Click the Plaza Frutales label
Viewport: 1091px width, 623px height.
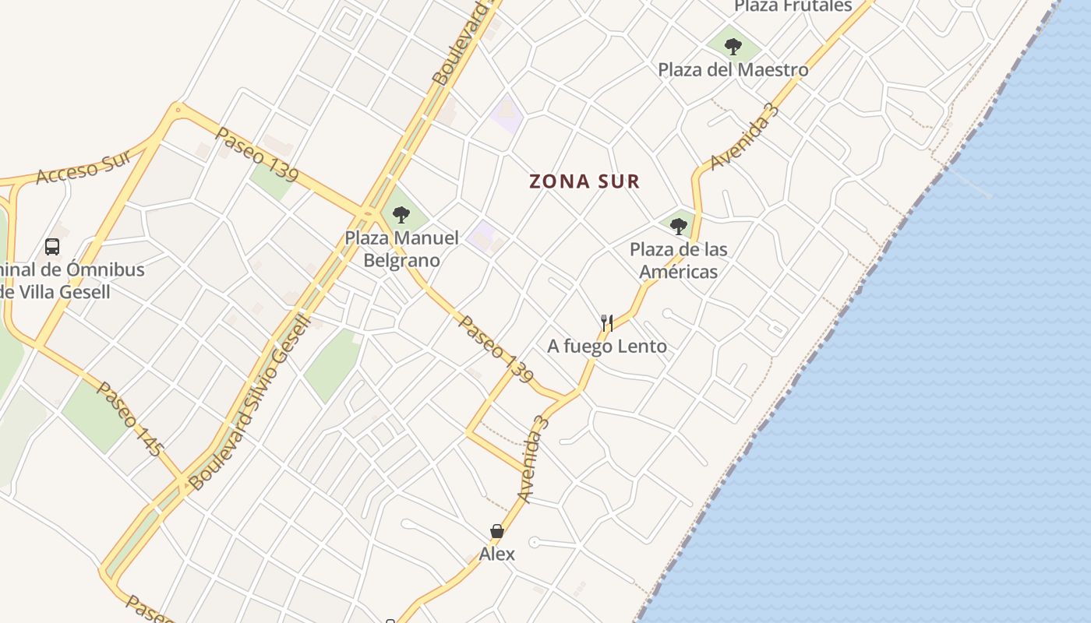click(x=793, y=6)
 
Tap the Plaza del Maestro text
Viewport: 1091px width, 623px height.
click(x=733, y=69)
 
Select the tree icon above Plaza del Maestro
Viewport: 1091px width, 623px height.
click(x=733, y=46)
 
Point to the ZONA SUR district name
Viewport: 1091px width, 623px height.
click(x=584, y=181)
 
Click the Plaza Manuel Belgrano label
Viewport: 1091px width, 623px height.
click(x=401, y=248)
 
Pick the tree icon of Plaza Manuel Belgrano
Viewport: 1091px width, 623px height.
click(x=401, y=214)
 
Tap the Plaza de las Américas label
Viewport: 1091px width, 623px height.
click(x=678, y=260)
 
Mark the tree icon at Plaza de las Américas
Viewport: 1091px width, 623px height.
click(x=678, y=227)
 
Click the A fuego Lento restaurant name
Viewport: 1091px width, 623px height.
click(x=607, y=346)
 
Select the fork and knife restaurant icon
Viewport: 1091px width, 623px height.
click(x=607, y=322)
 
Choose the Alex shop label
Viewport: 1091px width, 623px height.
click(x=496, y=554)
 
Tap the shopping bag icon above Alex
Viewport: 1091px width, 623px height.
click(x=496, y=531)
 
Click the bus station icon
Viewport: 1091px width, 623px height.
click(x=52, y=247)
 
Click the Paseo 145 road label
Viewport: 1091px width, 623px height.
click(x=129, y=418)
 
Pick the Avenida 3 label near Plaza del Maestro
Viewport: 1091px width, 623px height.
click(x=744, y=136)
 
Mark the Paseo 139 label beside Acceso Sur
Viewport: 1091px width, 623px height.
click(x=257, y=154)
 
